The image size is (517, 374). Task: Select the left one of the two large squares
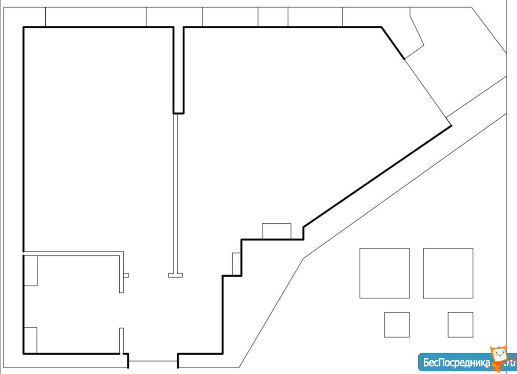pyautogui.click(x=385, y=273)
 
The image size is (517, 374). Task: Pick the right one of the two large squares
pyautogui.click(x=448, y=273)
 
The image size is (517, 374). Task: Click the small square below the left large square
pyautogui.click(x=397, y=325)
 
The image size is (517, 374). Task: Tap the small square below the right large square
pyautogui.click(x=460, y=325)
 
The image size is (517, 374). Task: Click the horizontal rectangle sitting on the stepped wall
pyautogui.click(x=276, y=231)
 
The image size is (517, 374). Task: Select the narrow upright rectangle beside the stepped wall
pyautogui.click(x=236, y=264)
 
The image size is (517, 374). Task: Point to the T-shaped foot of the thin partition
pyautogui.click(x=176, y=275)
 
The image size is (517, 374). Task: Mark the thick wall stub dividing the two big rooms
pyautogui.click(x=178, y=70)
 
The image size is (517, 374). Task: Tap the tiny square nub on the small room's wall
pyautogui.click(x=126, y=275)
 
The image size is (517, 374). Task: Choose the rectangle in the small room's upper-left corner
pyautogui.click(x=31, y=270)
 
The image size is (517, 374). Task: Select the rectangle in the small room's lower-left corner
pyautogui.click(x=30, y=340)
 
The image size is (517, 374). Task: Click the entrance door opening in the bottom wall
pyautogui.click(x=153, y=361)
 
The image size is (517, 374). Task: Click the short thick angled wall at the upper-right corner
pyautogui.click(x=393, y=43)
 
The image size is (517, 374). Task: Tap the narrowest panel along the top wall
pyautogui.click(x=273, y=17)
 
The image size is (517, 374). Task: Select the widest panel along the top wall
pyautogui.click(x=96, y=17)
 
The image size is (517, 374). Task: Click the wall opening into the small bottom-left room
pyautogui.click(x=121, y=310)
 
